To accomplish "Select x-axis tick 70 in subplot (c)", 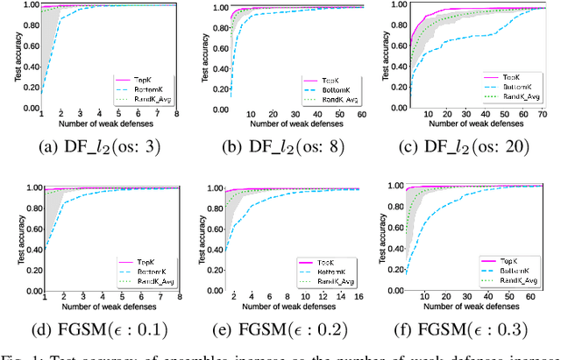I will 541,114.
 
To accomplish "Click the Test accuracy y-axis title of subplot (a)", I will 17,57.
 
